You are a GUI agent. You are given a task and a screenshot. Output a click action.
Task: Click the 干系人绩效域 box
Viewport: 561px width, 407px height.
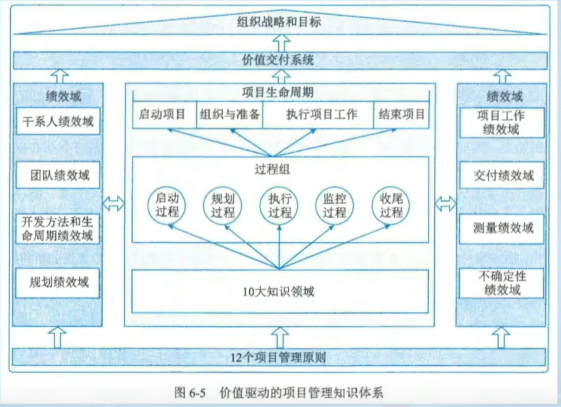(58, 121)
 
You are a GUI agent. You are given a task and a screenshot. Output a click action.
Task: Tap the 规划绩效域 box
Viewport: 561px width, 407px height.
(58, 283)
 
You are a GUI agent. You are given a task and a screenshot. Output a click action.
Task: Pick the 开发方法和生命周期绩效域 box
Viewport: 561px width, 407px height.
(58, 228)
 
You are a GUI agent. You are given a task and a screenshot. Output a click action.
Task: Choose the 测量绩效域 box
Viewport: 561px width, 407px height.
(502, 228)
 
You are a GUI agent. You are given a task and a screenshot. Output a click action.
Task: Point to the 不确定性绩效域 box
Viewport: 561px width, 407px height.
(502, 283)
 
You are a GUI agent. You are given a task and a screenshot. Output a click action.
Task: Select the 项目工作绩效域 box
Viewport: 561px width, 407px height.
(502, 122)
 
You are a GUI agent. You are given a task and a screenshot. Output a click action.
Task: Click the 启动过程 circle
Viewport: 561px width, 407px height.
(167, 206)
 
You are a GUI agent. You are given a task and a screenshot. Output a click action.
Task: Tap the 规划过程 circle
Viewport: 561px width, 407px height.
(223, 206)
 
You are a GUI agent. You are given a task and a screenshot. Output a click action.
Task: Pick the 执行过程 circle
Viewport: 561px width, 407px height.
(279, 206)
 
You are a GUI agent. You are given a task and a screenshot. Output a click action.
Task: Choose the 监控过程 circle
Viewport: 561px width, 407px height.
(334, 206)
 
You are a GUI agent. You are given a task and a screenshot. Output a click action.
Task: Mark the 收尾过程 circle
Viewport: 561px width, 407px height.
(391, 206)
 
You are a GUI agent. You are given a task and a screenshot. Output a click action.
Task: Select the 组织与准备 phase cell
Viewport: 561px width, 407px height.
(230, 114)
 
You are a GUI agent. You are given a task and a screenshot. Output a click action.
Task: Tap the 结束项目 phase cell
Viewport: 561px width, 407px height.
(401, 114)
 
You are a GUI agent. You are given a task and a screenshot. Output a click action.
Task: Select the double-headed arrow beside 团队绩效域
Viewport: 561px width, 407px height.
(113, 203)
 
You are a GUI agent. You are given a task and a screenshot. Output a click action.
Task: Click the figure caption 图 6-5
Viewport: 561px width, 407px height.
(189, 393)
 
